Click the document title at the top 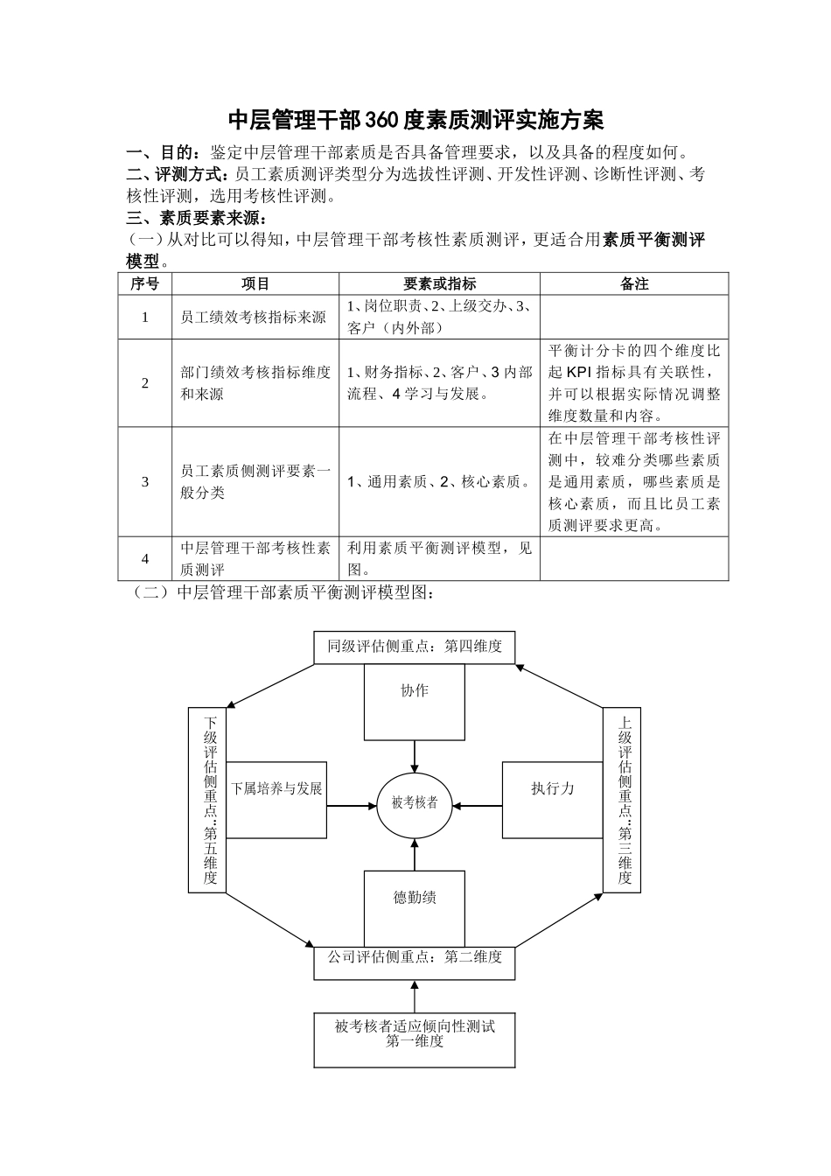pos(415,119)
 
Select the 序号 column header pos(145,283)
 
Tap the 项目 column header pos(255,283)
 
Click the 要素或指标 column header pos(439,283)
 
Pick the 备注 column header pos(634,283)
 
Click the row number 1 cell pos(145,317)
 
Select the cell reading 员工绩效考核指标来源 pos(253,317)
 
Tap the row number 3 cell pos(145,481)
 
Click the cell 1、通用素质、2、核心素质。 pos(439,481)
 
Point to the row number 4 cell pos(145,558)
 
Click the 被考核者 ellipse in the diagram pos(415,802)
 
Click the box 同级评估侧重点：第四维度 pos(415,647)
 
